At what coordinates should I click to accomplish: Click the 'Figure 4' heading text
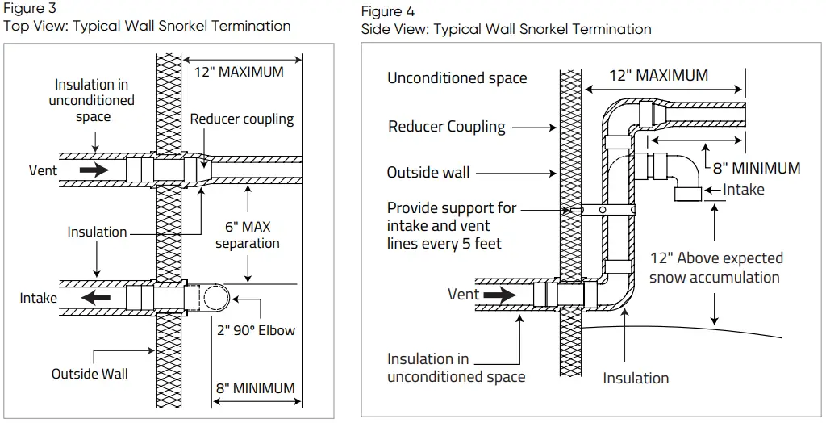383,11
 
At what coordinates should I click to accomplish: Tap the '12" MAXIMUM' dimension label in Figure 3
239,72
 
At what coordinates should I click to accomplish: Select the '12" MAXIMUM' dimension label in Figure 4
658,76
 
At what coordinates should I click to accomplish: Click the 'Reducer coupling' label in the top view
242,119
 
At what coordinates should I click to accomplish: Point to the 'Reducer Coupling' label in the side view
446,127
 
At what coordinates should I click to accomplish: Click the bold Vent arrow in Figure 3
94,170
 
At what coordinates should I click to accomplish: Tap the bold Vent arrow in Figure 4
498,295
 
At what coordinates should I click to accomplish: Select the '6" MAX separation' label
248,234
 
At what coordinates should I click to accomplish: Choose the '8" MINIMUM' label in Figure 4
756,168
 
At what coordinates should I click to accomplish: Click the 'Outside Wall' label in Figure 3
90,374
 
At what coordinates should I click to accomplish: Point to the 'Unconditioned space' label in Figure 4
457,78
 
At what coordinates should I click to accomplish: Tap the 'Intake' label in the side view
743,190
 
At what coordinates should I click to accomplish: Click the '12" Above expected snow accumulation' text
715,267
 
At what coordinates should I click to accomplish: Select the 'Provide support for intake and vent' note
451,225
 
